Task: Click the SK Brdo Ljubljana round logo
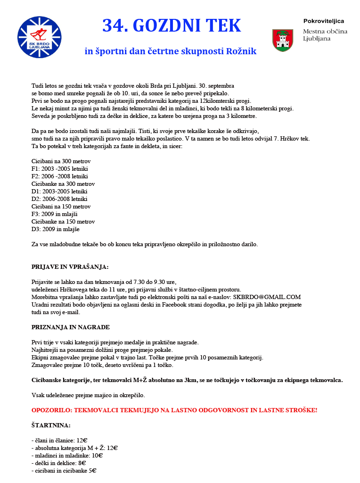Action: [40, 37]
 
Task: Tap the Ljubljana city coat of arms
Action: [283, 41]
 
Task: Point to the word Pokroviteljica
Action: [323, 21]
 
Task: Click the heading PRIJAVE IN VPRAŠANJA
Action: [70, 266]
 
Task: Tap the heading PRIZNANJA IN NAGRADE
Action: [70, 327]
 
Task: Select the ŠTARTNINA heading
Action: [51, 425]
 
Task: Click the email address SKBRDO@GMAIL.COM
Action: [267, 297]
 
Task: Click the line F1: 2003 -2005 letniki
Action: [59, 168]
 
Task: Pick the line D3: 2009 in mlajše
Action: [56, 229]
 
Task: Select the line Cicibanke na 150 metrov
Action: [63, 222]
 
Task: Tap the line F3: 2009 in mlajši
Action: [54, 214]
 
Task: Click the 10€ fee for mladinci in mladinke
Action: [98, 455]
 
